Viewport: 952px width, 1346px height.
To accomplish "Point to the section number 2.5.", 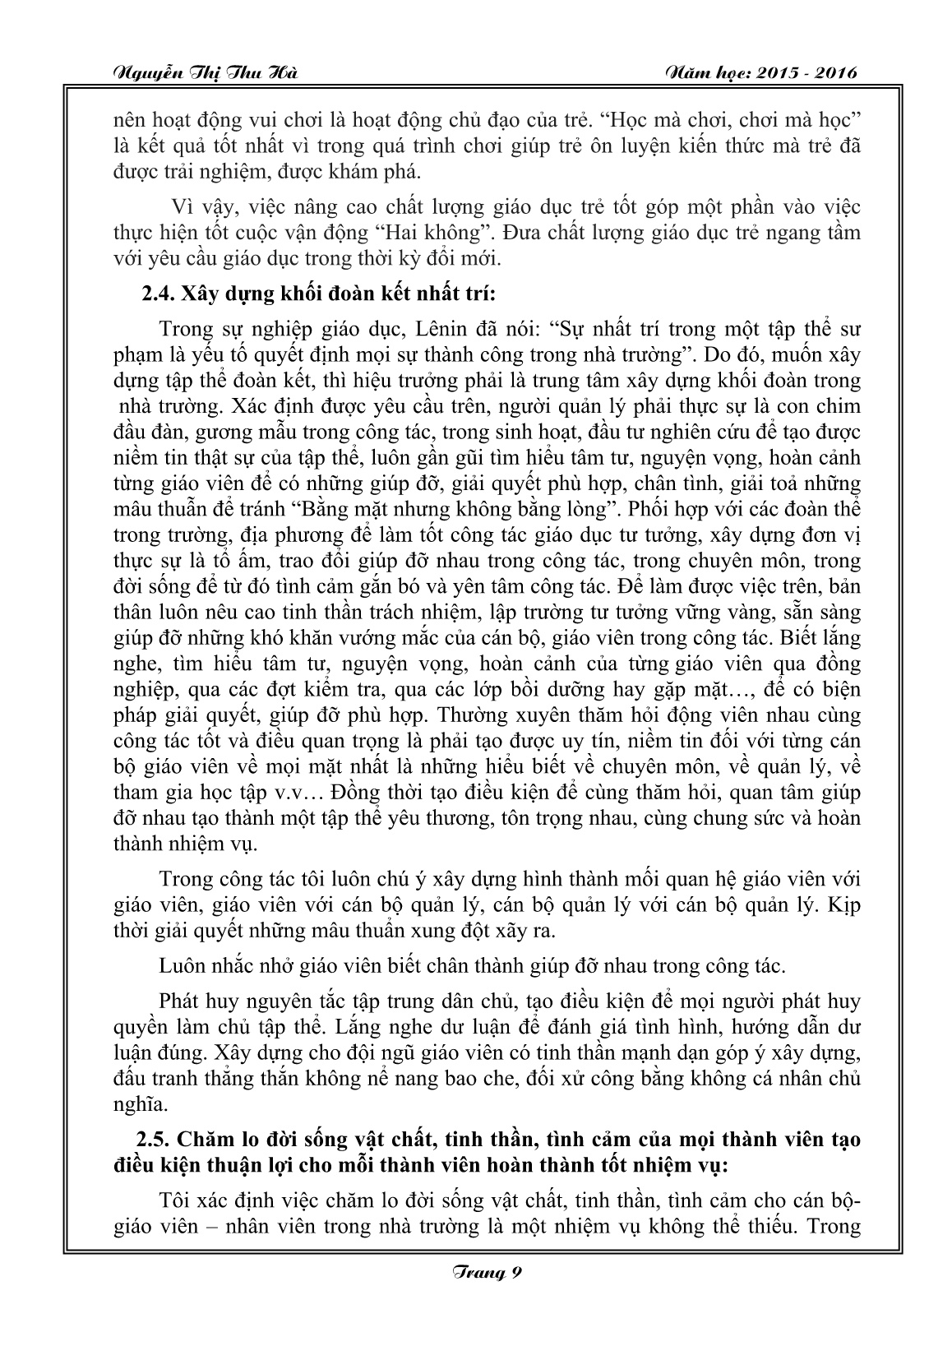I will pyautogui.click(x=157, y=1140).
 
